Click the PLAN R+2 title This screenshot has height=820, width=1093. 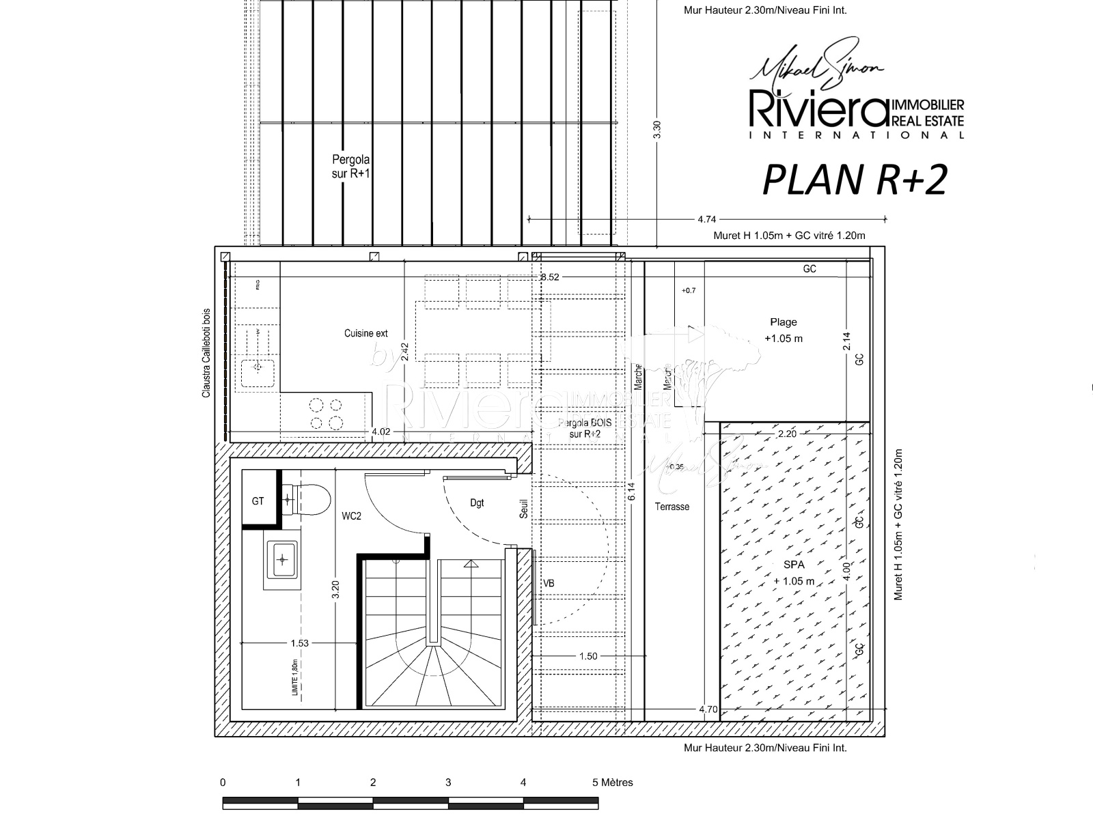coord(855,180)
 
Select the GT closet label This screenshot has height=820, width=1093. coord(258,501)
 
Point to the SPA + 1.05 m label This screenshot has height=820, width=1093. coord(794,573)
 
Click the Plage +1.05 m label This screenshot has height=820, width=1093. coord(784,330)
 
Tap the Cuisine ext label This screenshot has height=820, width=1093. coord(365,333)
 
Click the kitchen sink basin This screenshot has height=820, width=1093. coord(258,368)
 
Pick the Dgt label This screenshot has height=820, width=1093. coord(477,503)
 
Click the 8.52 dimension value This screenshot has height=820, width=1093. coord(550,277)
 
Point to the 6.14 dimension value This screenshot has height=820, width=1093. coord(631,492)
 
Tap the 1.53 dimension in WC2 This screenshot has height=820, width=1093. coord(299,642)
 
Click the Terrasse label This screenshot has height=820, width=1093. coord(672,507)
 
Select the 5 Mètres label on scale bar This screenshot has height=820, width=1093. coord(612,782)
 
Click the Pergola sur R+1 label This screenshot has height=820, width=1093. coord(350,166)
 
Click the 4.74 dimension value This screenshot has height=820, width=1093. coord(706,219)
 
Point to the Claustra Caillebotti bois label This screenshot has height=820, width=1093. coord(206,353)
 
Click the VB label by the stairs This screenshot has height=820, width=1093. coord(548,583)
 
